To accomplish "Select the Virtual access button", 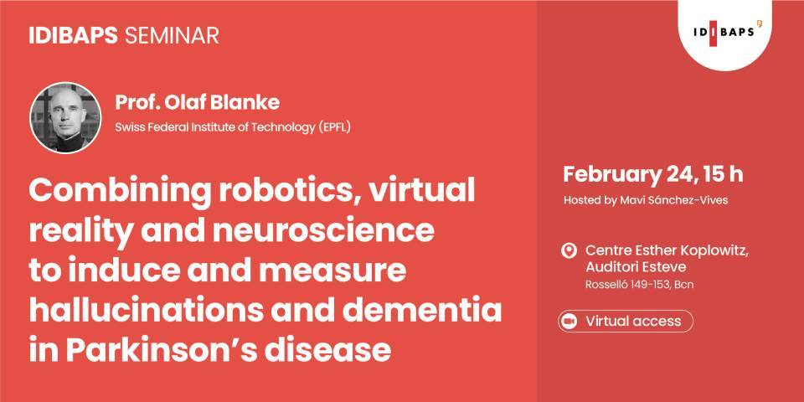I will tap(625, 321).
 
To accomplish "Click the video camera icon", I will tap(569, 321).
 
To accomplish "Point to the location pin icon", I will tap(569, 251).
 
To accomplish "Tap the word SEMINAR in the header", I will tap(172, 35).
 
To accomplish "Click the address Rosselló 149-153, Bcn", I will tap(639, 286).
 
